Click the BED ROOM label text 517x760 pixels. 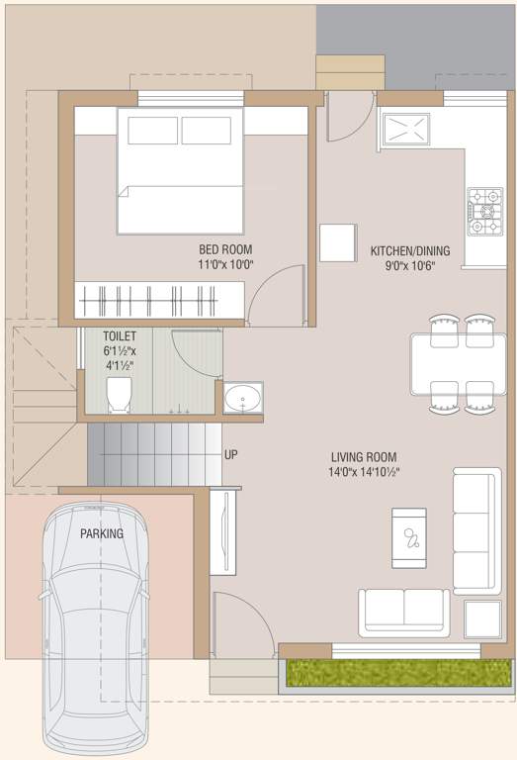pyautogui.click(x=225, y=248)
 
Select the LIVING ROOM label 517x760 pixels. pyautogui.click(x=364, y=456)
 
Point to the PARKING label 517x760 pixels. pyautogui.click(x=102, y=533)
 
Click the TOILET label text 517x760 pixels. pyautogui.click(x=120, y=336)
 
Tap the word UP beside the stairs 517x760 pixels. pyautogui.click(x=232, y=454)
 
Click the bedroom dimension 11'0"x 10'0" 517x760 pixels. pyautogui.click(x=225, y=264)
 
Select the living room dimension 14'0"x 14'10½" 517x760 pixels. pyautogui.click(x=365, y=472)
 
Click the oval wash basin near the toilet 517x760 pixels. pyautogui.click(x=242, y=400)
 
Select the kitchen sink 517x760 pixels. pyautogui.click(x=406, y=130)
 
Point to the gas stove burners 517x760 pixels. pyautogui.click(x=485, y=211)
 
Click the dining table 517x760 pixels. pyautogui.click(x=458, y=363)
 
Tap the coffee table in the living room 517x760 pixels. pyautogui.click(x=409, y=537)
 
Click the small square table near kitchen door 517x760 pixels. pyautogui.click(x=337, y=241)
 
